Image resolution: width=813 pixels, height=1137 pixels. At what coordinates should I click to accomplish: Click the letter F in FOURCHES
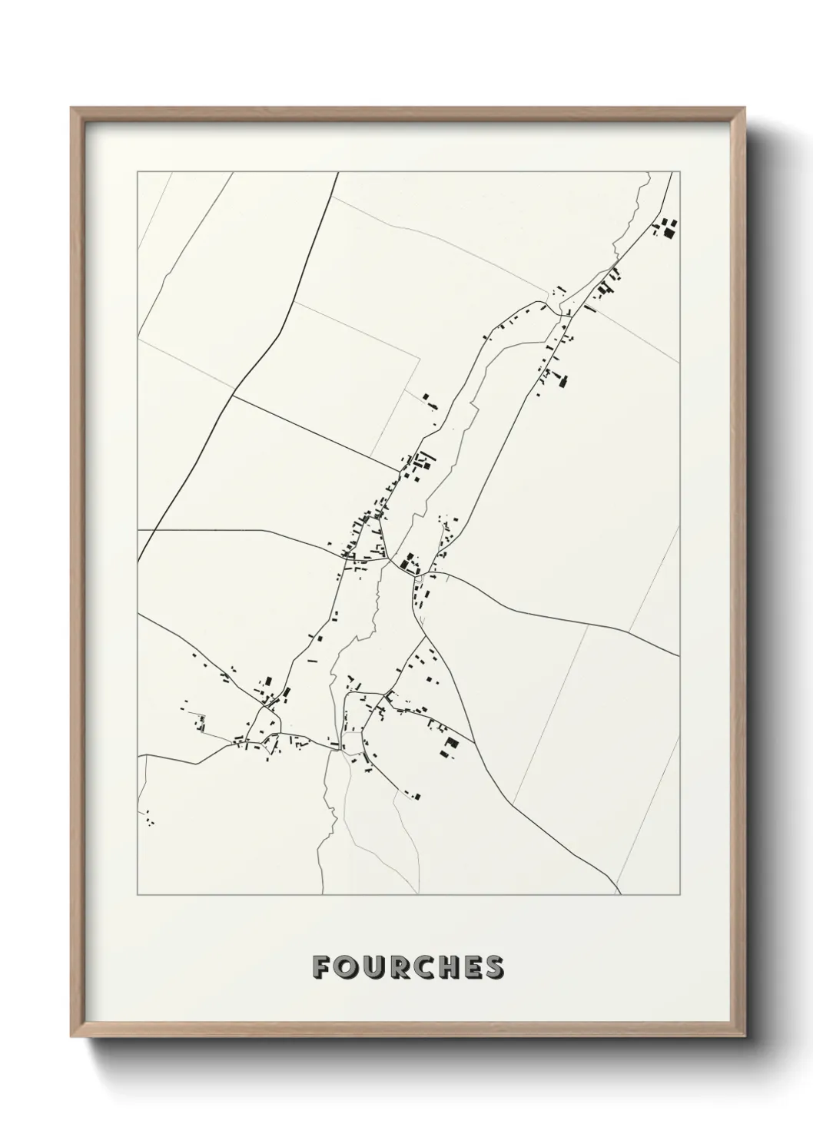point(321,967)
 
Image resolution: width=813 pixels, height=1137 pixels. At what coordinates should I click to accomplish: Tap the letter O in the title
point(347,967)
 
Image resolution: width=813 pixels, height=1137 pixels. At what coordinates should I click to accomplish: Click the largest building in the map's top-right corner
point(670,228)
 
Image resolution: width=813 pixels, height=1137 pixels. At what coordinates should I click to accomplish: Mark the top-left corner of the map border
point(138,172)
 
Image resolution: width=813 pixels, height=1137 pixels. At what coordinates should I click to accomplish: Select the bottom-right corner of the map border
point(679,895)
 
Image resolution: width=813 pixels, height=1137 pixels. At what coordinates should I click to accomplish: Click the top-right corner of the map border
point(679,172)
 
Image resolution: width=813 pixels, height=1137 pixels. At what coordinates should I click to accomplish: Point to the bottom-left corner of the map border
point(138,895)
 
